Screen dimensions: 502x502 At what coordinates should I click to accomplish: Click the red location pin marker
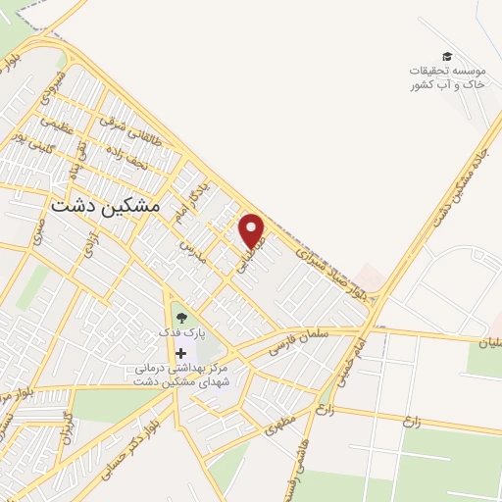point(253,230)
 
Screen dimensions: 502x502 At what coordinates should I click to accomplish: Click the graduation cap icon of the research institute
point(447,57)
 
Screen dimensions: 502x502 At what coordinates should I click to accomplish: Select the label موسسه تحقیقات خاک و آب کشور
point(447,78)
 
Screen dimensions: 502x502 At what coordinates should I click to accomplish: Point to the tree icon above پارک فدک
point(180,317)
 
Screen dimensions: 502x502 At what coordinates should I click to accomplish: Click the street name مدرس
point(188,250)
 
